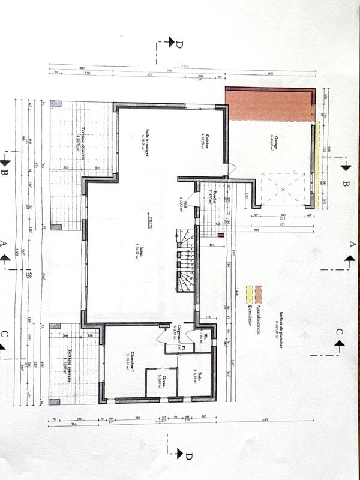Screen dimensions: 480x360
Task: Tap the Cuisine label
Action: click(206, 142)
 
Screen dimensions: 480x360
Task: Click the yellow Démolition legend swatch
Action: click(249, 295)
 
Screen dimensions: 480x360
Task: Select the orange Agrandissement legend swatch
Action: click(259, 295)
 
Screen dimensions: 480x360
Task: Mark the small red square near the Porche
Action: click(221, 236)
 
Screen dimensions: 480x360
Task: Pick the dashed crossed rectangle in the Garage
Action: click(283, 189)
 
